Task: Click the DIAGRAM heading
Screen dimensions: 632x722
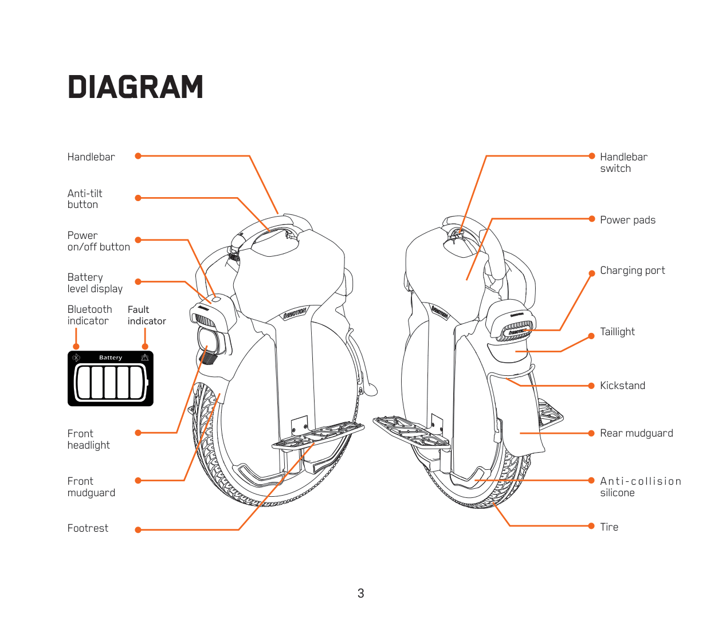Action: click(135, 87)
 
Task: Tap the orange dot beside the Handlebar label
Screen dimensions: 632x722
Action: click(138, 156)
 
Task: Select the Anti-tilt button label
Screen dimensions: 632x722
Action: click(85, 199)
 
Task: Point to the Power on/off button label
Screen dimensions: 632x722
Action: click(99, 241)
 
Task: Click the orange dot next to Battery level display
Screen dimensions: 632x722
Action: click(138, 281)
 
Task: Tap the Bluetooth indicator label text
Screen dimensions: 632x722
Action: click(89, 315)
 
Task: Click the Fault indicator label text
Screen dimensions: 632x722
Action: click(147, 315)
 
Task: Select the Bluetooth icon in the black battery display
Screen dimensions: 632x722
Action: click(76, 358)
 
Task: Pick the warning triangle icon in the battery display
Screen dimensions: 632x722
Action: click(145, 358)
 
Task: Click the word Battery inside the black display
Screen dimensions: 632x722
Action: click(111, 358)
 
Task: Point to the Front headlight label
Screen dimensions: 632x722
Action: click(88, 439)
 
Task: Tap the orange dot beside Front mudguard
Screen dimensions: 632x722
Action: click(138, 481)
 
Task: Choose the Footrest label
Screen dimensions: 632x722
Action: click(88, 528)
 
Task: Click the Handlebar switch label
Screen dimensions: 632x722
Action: click(623, 163)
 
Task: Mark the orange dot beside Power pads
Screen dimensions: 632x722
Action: click(592, 219)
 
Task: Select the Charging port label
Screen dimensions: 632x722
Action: click(632, 270)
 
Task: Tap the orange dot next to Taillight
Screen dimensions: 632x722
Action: click(592, 336)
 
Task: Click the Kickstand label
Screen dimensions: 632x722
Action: click(622, 386)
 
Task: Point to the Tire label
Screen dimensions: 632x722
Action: click(609, 527)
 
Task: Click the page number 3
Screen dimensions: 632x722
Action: click(361, 594)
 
